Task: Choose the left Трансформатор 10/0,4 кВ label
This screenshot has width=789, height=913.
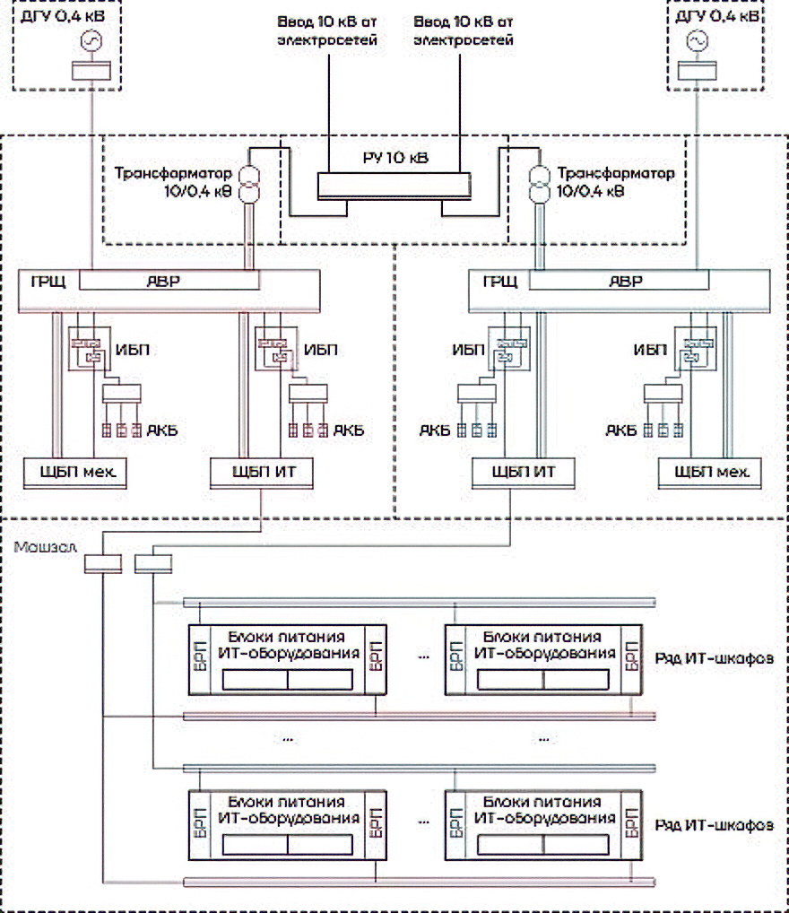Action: pos(173,181)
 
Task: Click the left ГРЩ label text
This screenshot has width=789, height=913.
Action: pos(45,282)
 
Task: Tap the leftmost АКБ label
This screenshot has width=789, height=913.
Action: pos(161,431)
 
